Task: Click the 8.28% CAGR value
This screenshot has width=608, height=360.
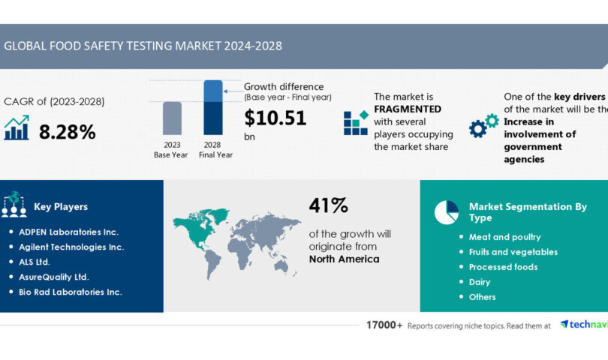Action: [67, 133]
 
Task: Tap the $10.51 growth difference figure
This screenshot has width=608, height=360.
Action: [275, 118]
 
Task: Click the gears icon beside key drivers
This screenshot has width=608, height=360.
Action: [483, 125]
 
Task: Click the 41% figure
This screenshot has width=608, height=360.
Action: [328, 205]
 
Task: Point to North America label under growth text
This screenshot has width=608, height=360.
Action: [344, 259]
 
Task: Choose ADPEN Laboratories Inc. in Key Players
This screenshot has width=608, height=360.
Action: [68, 232]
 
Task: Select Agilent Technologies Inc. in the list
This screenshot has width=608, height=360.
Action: [71, 247]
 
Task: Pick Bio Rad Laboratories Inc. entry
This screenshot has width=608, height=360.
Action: [69, 292]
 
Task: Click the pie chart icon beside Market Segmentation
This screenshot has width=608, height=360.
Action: [446, 211]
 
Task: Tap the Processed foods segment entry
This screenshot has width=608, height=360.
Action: [503, 267]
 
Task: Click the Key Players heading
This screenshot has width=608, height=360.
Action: [61, 206]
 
